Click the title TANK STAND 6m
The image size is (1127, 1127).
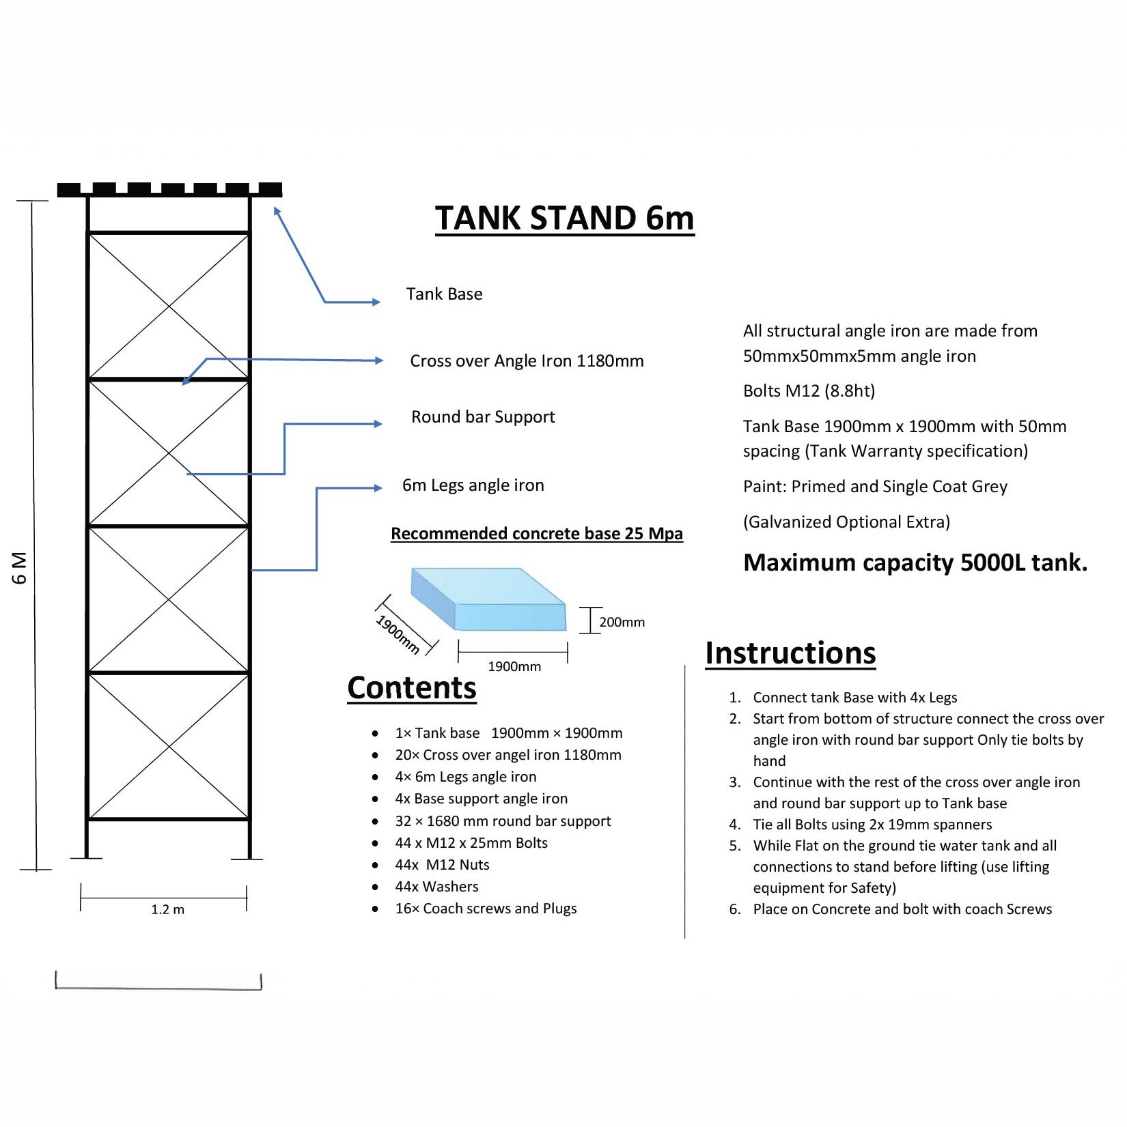coord(564,218)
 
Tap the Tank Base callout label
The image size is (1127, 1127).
coord(444,294)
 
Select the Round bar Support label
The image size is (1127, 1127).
coord(483,417)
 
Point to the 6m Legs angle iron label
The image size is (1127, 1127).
coord(473,485)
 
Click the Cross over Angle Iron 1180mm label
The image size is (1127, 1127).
coord(527,361)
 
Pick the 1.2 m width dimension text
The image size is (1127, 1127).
coord(167,909)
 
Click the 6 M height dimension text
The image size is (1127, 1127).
coord(20,568)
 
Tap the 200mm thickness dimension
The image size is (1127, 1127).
coord(622,622)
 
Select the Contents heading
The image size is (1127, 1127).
coord(411,687)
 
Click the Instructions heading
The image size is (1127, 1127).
coord(790,653)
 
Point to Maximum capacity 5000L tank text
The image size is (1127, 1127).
coord(915,562)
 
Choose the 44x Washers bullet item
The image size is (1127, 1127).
coord(436,887)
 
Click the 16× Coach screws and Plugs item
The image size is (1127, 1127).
coord(486,909)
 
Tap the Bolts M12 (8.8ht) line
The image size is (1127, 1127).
coord(809,391)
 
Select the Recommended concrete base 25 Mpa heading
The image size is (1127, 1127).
coord(536,534)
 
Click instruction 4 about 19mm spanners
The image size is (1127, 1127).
coord(872,825)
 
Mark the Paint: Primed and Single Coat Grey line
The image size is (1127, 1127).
coord(875,487)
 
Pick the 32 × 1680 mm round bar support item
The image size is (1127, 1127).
coord(503,821)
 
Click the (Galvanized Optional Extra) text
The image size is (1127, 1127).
coord(846,522)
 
